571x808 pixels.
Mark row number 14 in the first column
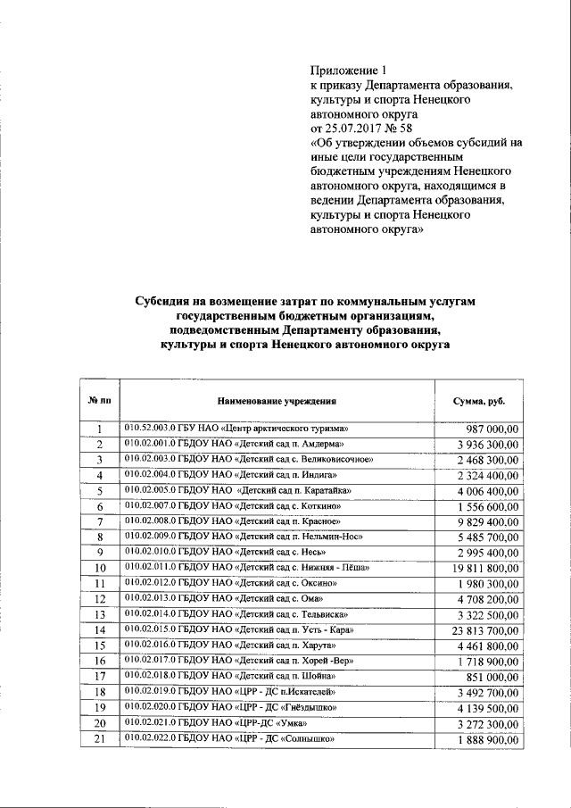100,631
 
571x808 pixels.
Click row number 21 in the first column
100,740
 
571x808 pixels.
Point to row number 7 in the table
100,522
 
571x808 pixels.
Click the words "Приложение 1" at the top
349,71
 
